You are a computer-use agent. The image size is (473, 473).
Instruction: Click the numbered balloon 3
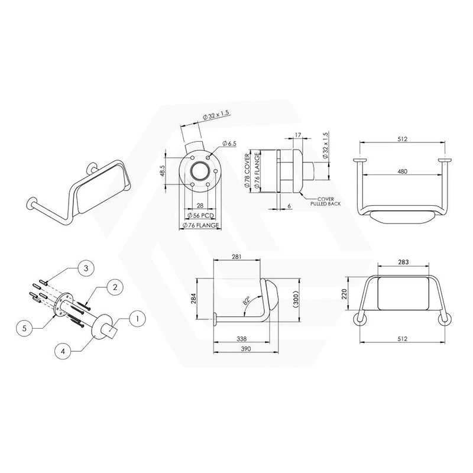pos(86,268)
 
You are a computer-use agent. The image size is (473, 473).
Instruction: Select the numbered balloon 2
pos(115,287)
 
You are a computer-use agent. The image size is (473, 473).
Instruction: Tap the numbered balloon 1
pos(137,319)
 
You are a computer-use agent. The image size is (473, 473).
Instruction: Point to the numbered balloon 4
pos(63,351)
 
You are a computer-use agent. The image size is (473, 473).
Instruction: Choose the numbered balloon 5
pos(24,328)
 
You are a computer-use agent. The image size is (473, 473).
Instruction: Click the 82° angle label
pos(247,300)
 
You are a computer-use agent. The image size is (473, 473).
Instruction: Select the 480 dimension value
pos(403,171)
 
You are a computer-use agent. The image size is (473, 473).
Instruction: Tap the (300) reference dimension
pos(296,299)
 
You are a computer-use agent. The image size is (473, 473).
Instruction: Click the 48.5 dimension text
pos(162,170)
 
